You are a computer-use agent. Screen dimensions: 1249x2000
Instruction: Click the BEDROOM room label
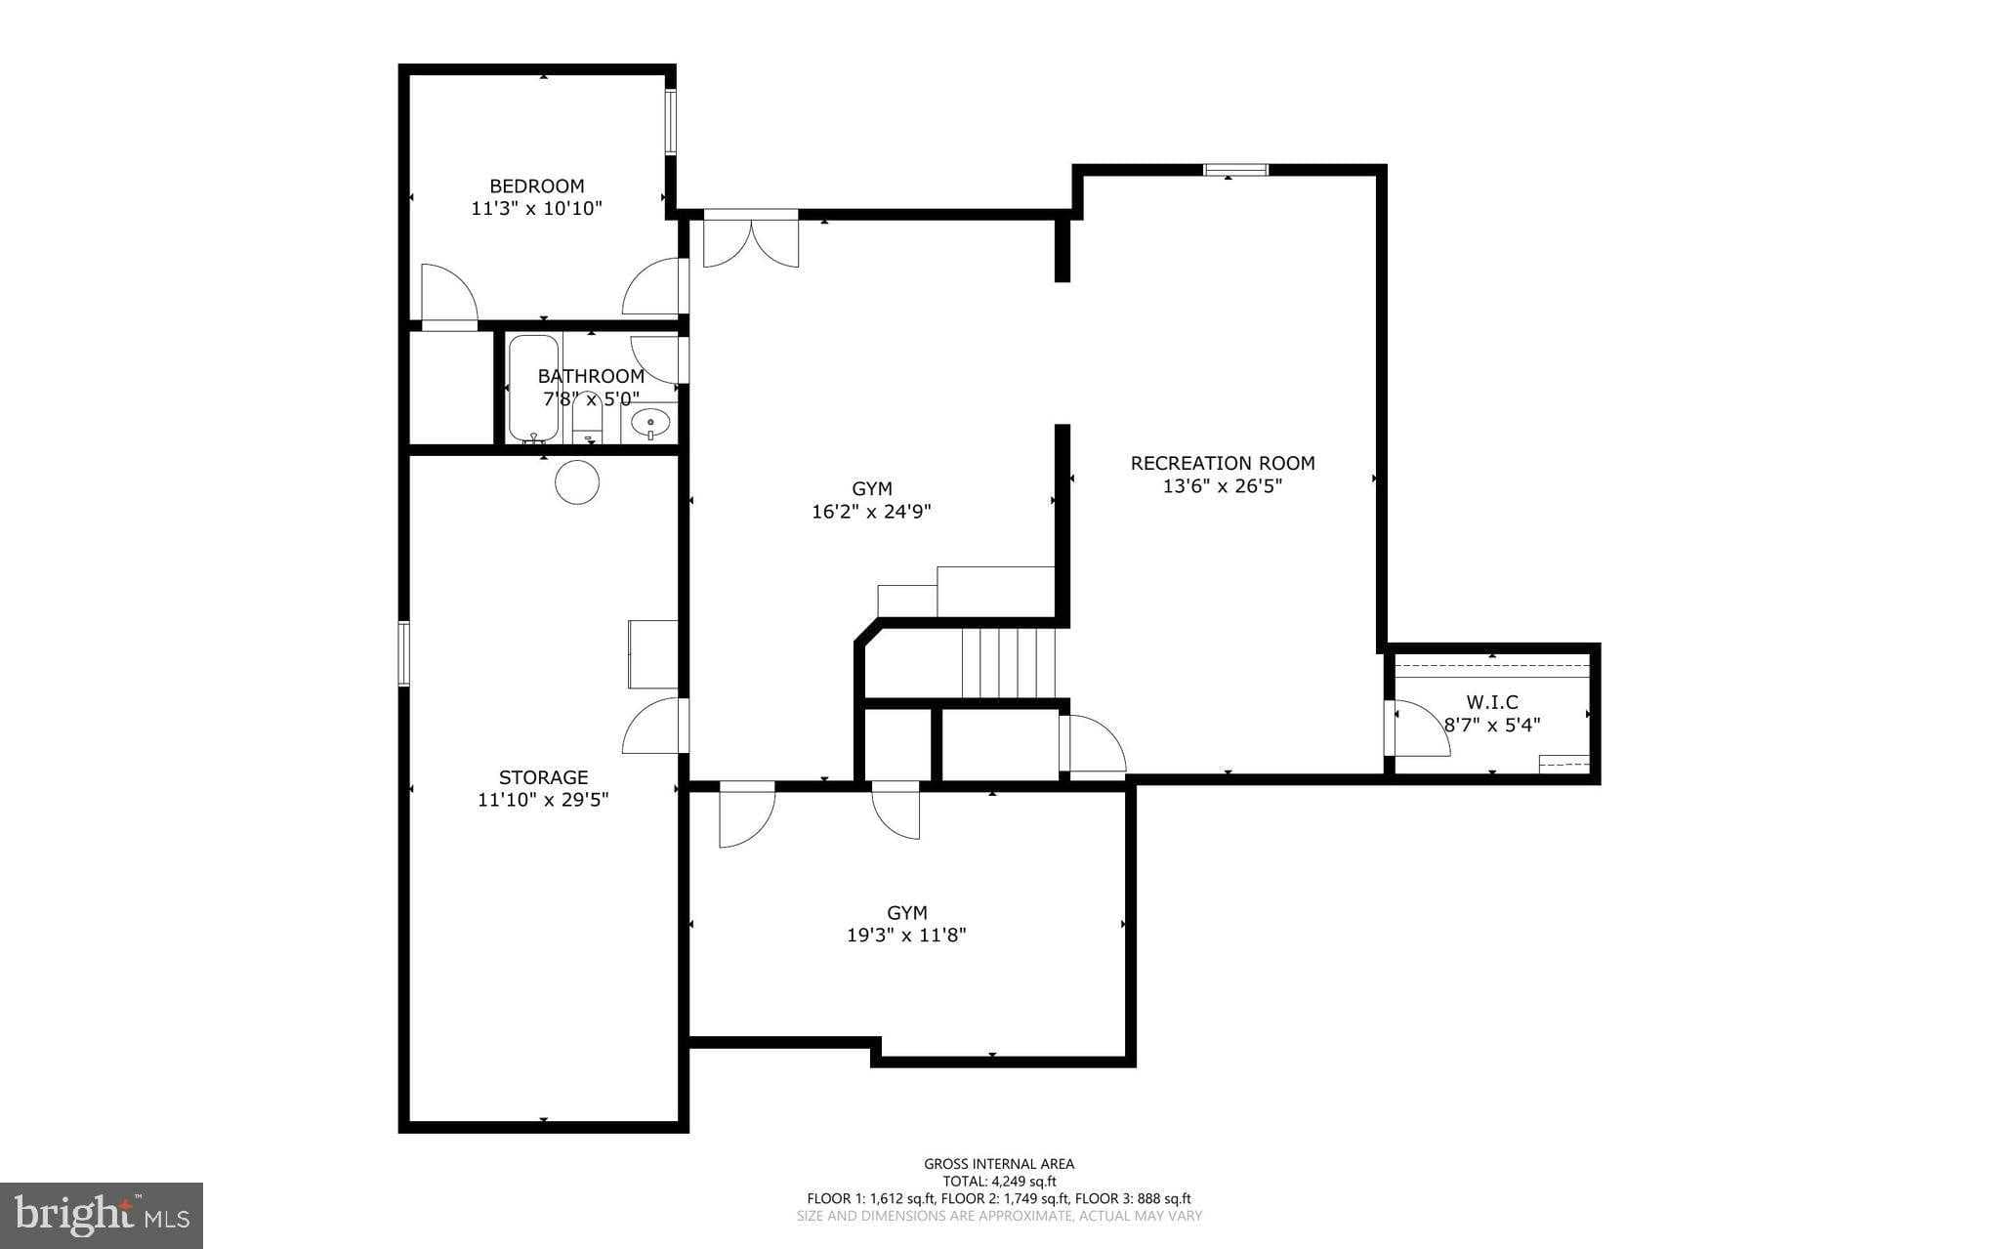536,186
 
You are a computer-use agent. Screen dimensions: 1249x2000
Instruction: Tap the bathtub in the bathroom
533,389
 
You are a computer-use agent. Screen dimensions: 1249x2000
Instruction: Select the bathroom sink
650,423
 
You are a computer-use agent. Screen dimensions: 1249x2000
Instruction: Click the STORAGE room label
543,777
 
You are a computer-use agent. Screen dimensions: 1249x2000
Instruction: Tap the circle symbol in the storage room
577,482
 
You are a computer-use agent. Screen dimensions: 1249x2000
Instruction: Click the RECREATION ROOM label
1222,463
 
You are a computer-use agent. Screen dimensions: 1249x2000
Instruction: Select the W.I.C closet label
1492,702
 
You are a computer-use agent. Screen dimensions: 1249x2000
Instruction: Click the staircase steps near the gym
1009,663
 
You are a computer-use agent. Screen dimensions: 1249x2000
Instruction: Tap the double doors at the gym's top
751,240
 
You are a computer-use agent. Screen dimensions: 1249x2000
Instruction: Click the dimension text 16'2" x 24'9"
871,511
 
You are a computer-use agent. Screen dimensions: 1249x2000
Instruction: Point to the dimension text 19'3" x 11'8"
906,935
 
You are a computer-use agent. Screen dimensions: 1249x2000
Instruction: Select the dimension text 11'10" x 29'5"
543,800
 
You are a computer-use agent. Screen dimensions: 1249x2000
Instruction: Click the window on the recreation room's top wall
1235,170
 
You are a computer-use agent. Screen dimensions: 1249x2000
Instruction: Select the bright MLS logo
102,1215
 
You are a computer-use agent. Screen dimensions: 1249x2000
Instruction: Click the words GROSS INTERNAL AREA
999,1163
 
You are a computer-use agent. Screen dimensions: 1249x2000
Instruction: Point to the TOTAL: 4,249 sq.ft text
999,1181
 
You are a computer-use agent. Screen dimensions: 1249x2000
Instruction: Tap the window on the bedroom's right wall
671,122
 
